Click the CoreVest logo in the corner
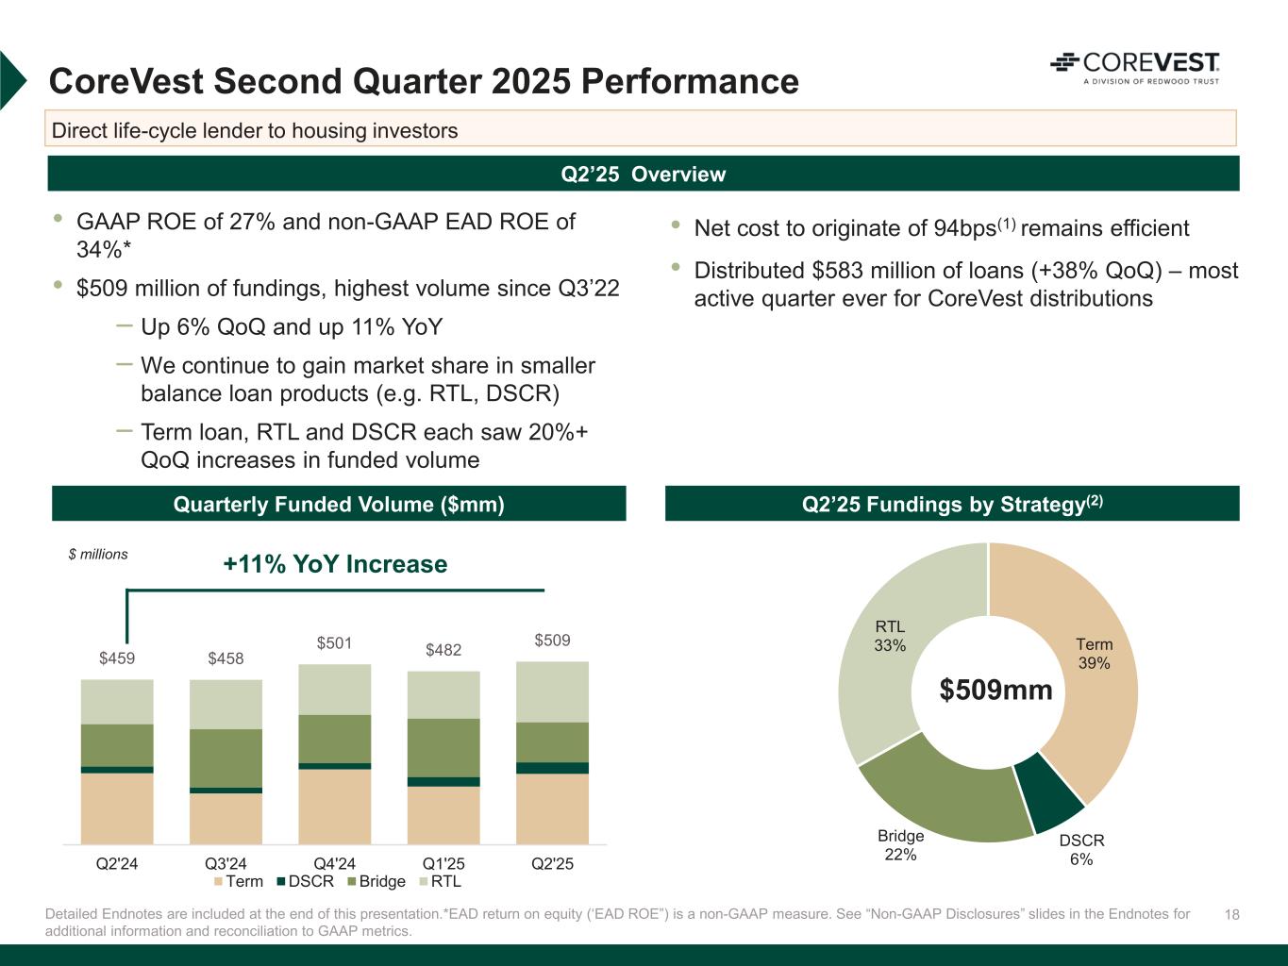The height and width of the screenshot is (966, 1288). point(1134,67)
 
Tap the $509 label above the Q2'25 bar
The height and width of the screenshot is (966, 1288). point(552,641)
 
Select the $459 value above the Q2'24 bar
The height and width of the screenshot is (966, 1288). point(117,658)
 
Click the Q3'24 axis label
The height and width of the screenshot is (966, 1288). point(226,863)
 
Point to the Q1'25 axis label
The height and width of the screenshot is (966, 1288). point(443,863)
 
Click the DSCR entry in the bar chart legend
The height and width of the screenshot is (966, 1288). point(304,881)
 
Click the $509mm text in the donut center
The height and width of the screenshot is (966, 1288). point(995,691)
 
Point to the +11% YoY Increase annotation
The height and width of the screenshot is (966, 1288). point(335,564)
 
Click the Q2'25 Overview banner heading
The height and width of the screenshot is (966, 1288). point(644,175)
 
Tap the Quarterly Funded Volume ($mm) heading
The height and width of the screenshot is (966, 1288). point(339,505)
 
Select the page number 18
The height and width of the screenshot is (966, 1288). point(1231,915)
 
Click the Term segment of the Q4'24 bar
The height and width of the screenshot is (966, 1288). point(335,807)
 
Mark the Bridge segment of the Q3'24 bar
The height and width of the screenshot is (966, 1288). point(226,758)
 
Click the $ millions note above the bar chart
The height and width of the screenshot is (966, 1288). point(98,555)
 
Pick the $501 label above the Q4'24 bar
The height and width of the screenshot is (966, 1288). point(334,643)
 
